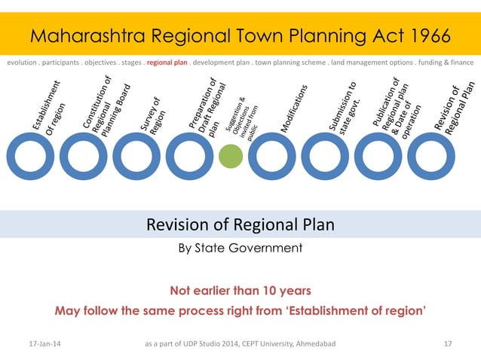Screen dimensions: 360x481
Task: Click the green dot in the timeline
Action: point(231,157)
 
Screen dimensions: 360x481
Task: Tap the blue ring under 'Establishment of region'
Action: point(28,159)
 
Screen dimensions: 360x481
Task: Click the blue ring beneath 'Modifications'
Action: point(271,159)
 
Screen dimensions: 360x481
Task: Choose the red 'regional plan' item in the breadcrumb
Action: point(167,63)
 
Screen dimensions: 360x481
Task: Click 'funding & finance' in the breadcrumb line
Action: point(446,63)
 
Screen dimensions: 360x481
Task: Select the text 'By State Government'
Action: point(240,248)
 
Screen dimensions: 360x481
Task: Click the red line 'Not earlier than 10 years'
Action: point(240,290)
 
